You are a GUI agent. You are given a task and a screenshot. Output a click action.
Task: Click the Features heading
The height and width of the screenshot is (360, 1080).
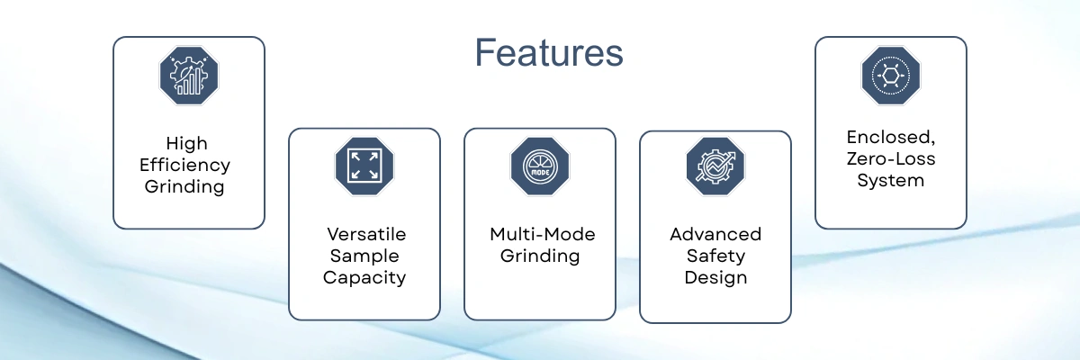coord(549,53)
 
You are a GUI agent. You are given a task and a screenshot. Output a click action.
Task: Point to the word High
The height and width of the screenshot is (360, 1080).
coord(187,143)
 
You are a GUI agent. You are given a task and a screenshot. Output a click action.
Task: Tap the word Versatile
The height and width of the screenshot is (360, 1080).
coord(365,234)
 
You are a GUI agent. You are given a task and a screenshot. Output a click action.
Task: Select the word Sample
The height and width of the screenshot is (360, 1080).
coord(364,256)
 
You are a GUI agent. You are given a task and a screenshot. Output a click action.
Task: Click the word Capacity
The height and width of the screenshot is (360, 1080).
coord(364,277)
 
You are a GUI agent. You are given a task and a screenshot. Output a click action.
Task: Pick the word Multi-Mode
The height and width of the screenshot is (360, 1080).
coord(543,234)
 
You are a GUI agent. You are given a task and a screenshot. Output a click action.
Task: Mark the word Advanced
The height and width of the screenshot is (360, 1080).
coord(715,234)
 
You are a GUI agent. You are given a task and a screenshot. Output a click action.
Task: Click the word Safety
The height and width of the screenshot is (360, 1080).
coord(715,256)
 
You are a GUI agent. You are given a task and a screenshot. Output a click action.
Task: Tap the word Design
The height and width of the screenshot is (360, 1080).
coord(715,277)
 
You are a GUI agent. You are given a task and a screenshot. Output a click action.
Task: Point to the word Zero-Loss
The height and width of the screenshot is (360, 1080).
coord(891,159)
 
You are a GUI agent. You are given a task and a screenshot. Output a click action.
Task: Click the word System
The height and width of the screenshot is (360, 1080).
coord(891,180)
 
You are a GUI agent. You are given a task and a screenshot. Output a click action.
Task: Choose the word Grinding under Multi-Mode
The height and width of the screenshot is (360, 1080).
coord(540,256)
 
